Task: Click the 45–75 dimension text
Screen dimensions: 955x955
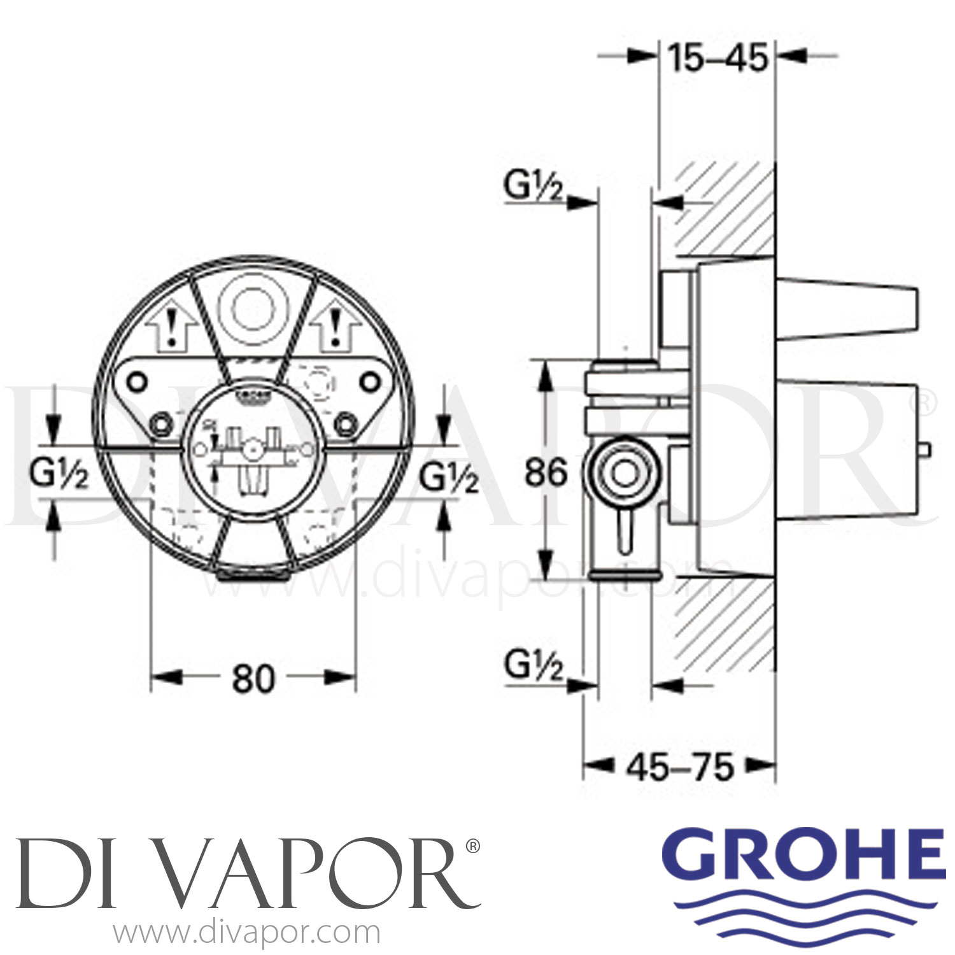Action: (x=679, y=767)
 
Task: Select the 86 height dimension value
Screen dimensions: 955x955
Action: (x=546, y=472)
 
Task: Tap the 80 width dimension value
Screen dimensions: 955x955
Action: (x=253, y=679)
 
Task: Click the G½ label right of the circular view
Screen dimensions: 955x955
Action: (x=449, y=478)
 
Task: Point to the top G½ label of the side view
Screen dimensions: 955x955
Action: (x=534, y=187)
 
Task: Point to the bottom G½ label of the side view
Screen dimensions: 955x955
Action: (x=534, y=668)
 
